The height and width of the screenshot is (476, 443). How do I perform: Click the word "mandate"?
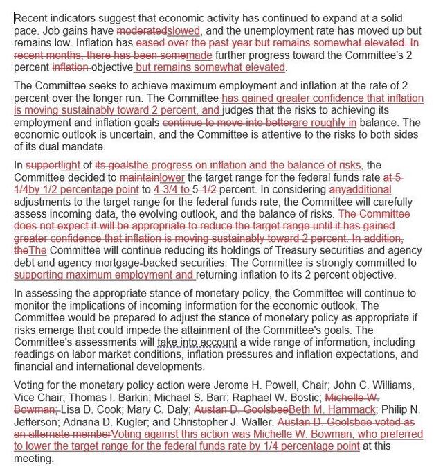point(82,147)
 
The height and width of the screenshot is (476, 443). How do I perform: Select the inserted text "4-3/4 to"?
point(171,188)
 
